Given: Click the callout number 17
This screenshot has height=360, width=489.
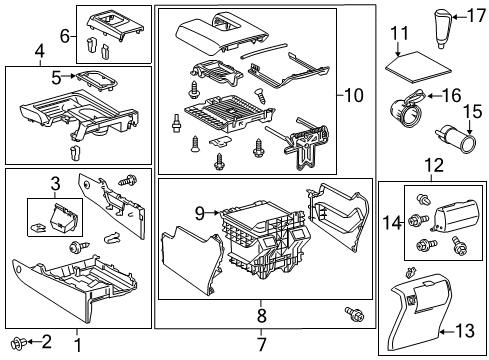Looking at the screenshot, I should [476, 14].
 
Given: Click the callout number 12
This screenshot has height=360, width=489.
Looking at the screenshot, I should [432, 163].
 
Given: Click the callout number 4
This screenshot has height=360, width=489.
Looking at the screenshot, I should [40, 50].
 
